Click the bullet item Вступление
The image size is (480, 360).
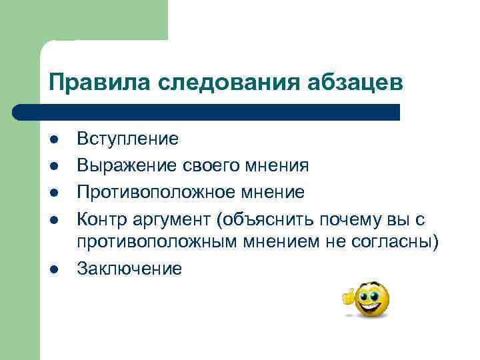tap(127, 139)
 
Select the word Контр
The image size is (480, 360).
tap(99, 220)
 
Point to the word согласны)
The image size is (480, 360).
tap(400, 241)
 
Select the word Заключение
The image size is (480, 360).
tap(129, 269)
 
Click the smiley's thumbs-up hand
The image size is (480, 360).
tap(348, 296)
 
